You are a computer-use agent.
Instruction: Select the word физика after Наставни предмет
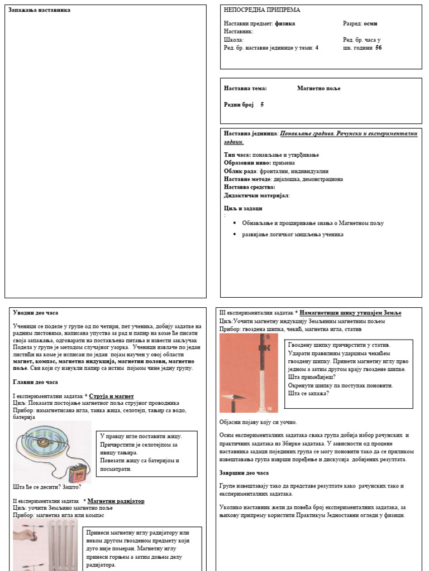285,24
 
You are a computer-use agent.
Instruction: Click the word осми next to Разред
370,24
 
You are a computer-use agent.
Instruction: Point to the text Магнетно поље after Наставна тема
318,89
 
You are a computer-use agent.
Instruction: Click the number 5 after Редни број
262,104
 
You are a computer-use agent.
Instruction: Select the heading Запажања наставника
40,10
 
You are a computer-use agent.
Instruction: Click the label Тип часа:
237,154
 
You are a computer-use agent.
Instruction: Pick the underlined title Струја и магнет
111,396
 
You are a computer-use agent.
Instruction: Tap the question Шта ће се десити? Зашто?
47,487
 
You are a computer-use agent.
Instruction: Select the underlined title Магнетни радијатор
116,501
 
